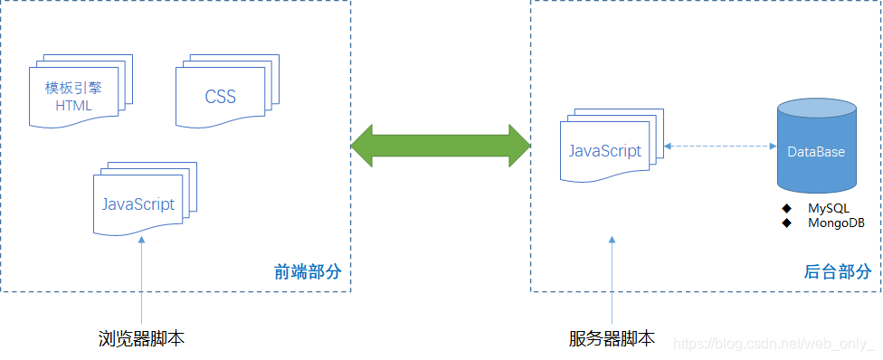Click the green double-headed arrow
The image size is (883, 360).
click(441, 145)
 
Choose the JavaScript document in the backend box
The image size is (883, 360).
click(606, 149)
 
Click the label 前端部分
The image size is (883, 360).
click(308, 271)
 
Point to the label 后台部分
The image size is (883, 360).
click(838, 271)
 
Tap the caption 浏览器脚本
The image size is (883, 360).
click(142, 339)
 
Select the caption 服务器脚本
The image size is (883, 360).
click(612, 339)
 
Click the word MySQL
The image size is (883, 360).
click(829, 209)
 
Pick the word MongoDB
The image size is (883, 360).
click(836, 223)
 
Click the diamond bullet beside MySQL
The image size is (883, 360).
click(787, 209)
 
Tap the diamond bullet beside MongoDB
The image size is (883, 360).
click(787, 223)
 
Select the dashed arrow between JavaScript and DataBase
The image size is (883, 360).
click(720, 146)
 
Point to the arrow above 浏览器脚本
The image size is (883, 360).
click(142, 280)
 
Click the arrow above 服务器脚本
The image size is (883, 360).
click(612, 280)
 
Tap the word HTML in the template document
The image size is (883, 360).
click(73, 105)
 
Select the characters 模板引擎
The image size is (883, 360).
click(74, 89)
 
